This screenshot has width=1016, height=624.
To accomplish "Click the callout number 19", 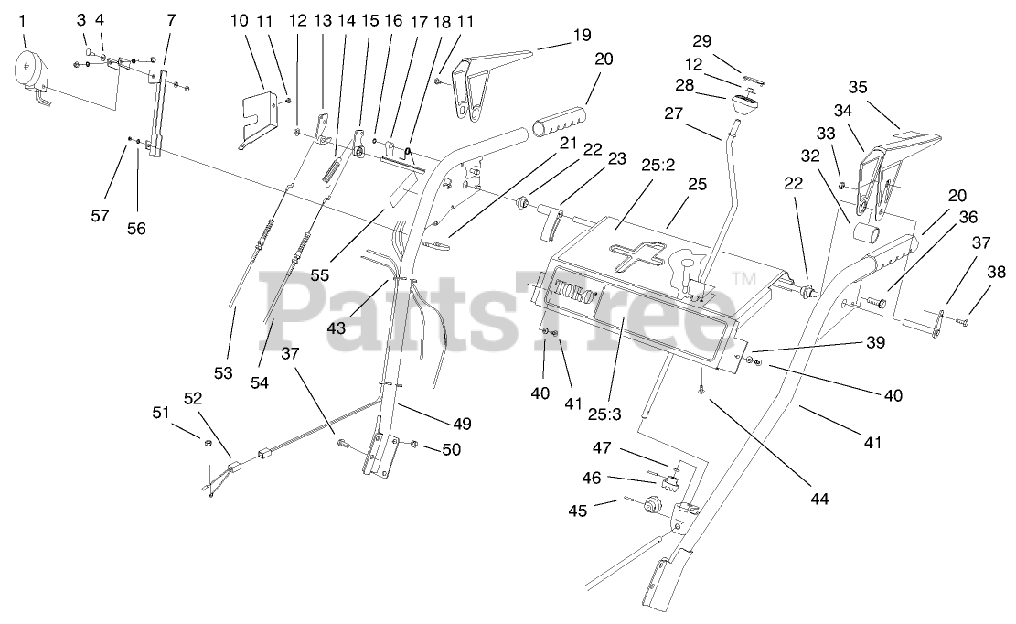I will click(582, 38).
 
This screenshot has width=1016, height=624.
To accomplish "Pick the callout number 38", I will click(996, 272).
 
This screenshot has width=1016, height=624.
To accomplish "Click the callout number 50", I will click(451, 449).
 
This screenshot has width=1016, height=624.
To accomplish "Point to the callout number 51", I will click(160, 413).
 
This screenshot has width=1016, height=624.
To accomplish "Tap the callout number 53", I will click(224, 372).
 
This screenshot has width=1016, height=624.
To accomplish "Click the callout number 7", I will click(171, 19).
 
